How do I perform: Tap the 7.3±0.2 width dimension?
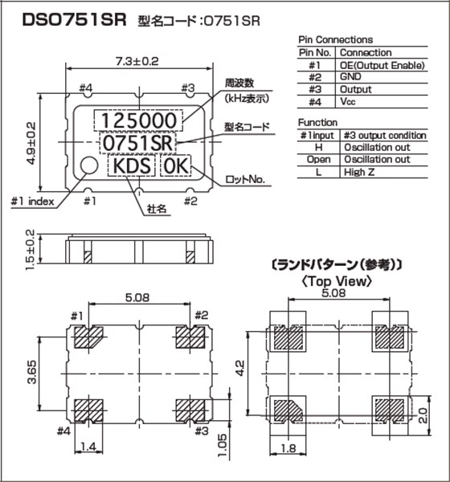(x=137, y=60)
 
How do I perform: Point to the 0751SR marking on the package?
(x=137, y=143)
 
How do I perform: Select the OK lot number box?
(x=177, y=166)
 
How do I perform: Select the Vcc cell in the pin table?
(x=347, y=102)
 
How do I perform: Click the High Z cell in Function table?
(x=361, y=172)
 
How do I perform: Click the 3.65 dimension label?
(x=31, y=374)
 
